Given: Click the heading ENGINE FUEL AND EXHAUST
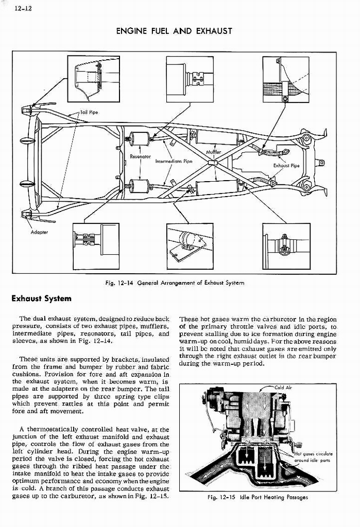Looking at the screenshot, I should coord(174,31).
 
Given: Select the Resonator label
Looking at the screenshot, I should coord(140,156).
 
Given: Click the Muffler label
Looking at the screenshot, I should coord(213,152).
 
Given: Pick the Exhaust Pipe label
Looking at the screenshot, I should coord(286,166).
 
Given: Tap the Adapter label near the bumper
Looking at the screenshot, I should coord(39,232).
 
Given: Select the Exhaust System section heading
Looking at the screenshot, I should coord(42,298).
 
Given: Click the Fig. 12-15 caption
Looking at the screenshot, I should coord(257,497).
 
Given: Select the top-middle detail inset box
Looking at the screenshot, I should coord(190,79).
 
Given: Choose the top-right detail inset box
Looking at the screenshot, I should coord(286,80).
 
